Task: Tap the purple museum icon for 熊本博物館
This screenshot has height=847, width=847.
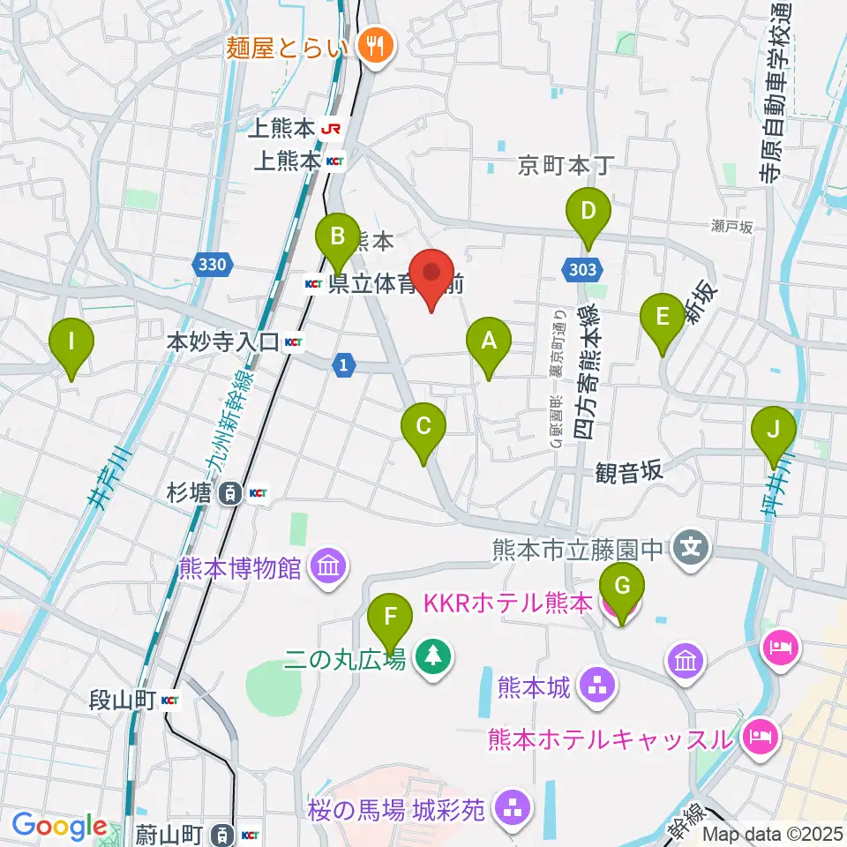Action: [328, 565]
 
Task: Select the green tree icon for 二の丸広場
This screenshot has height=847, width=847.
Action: [432, 656]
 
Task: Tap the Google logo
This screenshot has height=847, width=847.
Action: [59, 827]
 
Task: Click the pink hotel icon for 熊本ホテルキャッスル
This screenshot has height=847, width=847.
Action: [760, 734]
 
